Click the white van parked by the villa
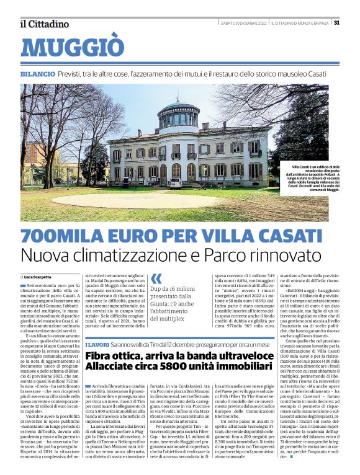(176, 183)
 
